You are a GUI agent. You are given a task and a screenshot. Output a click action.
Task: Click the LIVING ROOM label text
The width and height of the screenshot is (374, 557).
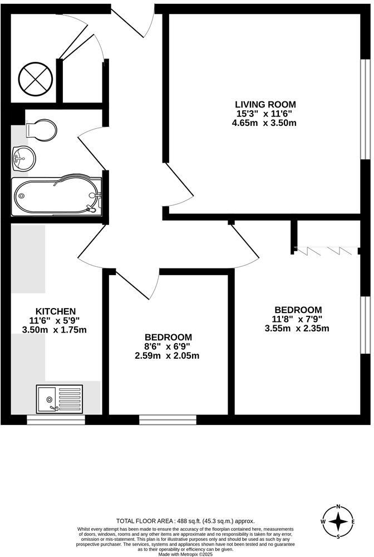(265, 104)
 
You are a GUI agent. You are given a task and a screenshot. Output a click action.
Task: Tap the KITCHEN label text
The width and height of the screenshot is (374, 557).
(56, 311)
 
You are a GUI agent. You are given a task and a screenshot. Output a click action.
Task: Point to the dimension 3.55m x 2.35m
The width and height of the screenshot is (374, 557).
(297, 329)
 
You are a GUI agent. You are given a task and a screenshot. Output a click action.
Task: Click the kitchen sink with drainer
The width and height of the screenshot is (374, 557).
(60, 398)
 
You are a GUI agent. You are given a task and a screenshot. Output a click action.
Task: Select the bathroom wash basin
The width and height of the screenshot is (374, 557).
(22, 158)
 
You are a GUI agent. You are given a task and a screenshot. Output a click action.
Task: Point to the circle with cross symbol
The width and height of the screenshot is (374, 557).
(35, 79)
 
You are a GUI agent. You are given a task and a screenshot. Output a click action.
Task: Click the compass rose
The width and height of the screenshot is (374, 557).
(338, 522)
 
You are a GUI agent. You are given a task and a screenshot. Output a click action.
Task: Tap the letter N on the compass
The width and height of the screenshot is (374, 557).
(338, 507)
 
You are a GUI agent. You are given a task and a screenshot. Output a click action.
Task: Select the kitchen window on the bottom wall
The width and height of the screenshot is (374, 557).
(56, 419)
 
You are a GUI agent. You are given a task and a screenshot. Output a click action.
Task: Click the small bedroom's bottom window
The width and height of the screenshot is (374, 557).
(168, 419)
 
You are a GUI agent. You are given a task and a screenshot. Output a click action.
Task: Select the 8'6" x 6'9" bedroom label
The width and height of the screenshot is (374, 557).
(169, 337)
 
